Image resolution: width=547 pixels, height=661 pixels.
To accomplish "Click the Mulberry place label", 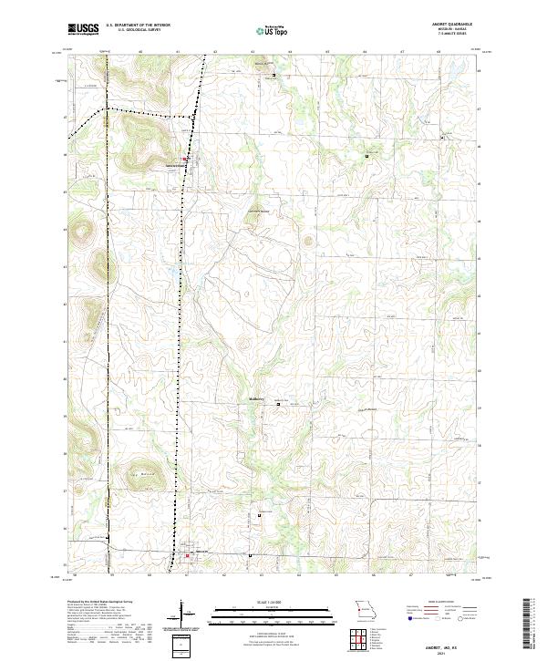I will tap(254, 398).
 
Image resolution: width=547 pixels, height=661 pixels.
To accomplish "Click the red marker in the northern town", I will tap(186, 160).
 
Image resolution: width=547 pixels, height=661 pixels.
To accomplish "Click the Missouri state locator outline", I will tap(365, 608).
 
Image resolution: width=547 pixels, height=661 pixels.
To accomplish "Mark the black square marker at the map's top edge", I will tap(273, 75).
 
